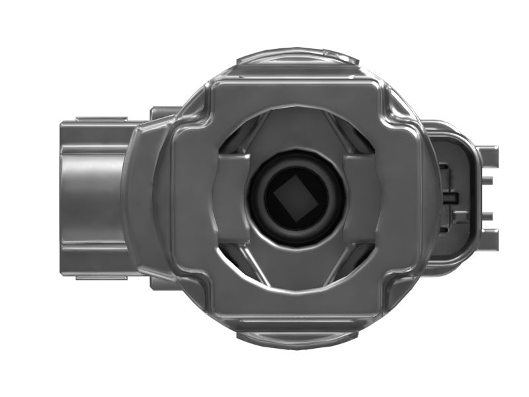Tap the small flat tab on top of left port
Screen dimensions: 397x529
99,119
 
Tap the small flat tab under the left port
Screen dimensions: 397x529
99,277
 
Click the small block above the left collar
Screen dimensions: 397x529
162,112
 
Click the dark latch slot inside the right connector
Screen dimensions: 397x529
451,197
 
